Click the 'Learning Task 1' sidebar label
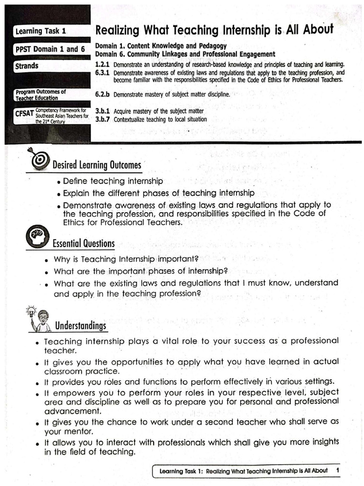pyautogui.click(x=40, y=31)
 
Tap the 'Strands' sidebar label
pyautogui.click(x=27, y=66)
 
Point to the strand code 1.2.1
pyautogui.click(x=102, y=64)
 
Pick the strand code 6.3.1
pyautogui.click(x=102, y=73)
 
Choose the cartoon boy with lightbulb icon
pyautogui.click(x=40, y=319)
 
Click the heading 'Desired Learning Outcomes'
pyautogui.click(x=97, y=165)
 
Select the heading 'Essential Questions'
pyautogui.click(x=83, y=244)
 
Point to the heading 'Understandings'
pyautogui.click(x=81, y=326)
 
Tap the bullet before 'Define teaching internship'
pyautogui.click(x=58, y=182)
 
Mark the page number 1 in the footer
pyautogui.click(x=337, y=470)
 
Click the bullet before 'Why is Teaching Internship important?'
pyautogui.click(x=47, y=261)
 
